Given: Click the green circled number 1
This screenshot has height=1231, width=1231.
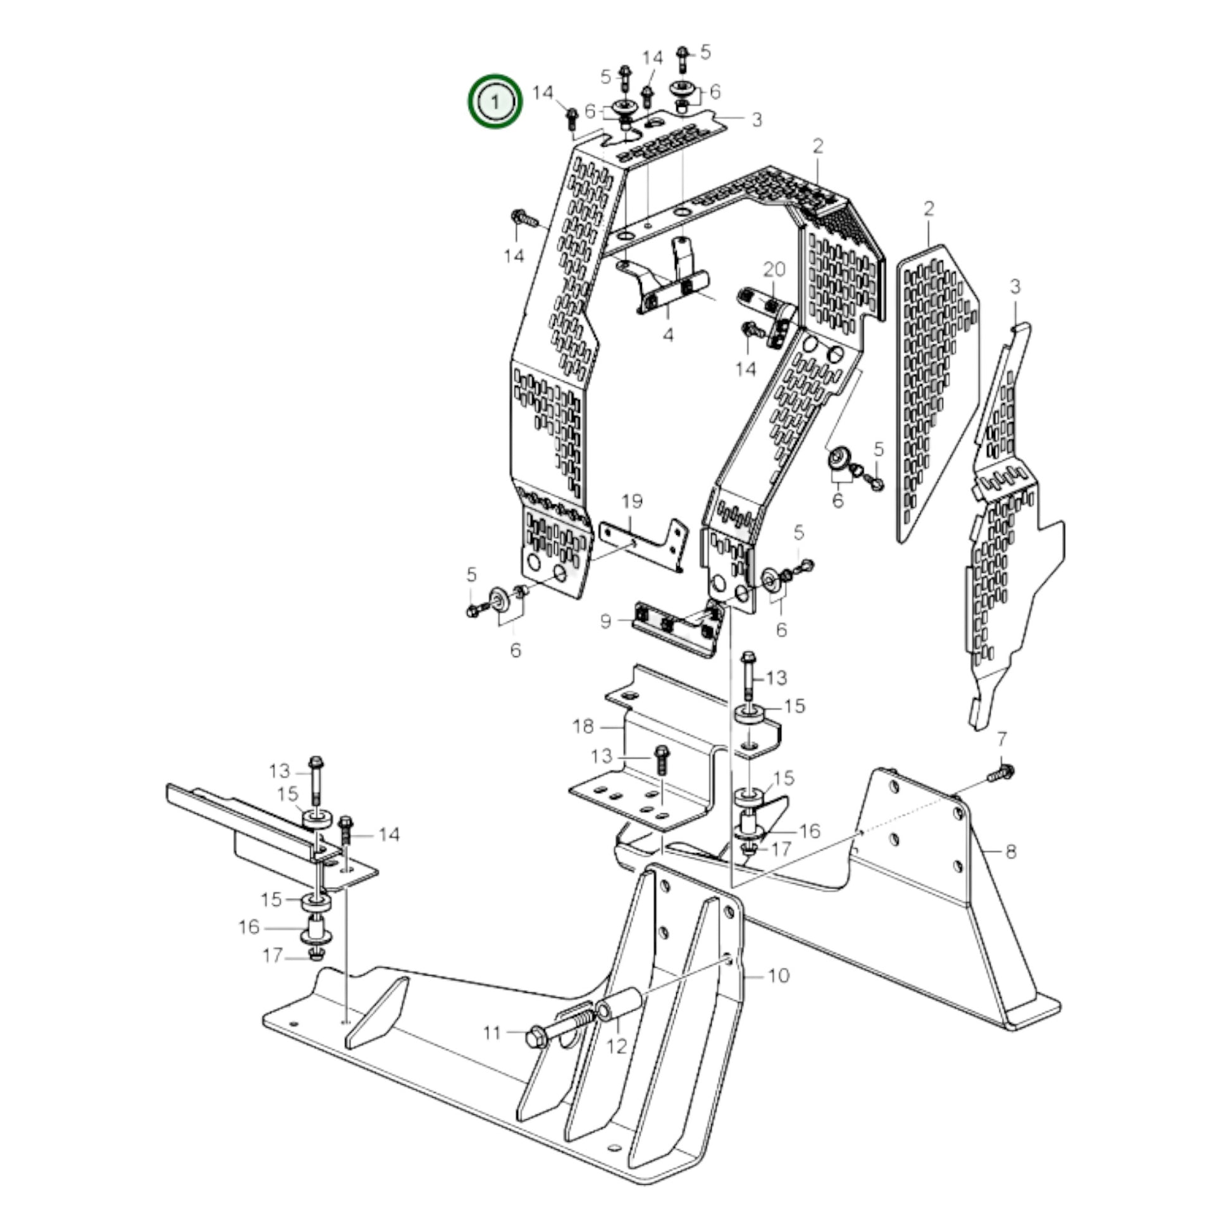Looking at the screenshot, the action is click(496, 101).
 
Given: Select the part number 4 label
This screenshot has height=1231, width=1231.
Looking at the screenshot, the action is click(668, 335).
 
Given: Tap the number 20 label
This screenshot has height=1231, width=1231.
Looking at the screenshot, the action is click(774, 270).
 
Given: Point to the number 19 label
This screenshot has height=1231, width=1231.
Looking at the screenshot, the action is click(632, 502).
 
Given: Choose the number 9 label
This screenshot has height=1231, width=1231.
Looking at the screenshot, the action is click(606, 621).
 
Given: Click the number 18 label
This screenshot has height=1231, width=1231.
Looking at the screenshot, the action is click(583, 726).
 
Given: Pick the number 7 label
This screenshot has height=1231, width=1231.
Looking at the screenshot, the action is click(1001, 739).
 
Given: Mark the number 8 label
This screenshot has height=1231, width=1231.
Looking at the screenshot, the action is click(1010, 851).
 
